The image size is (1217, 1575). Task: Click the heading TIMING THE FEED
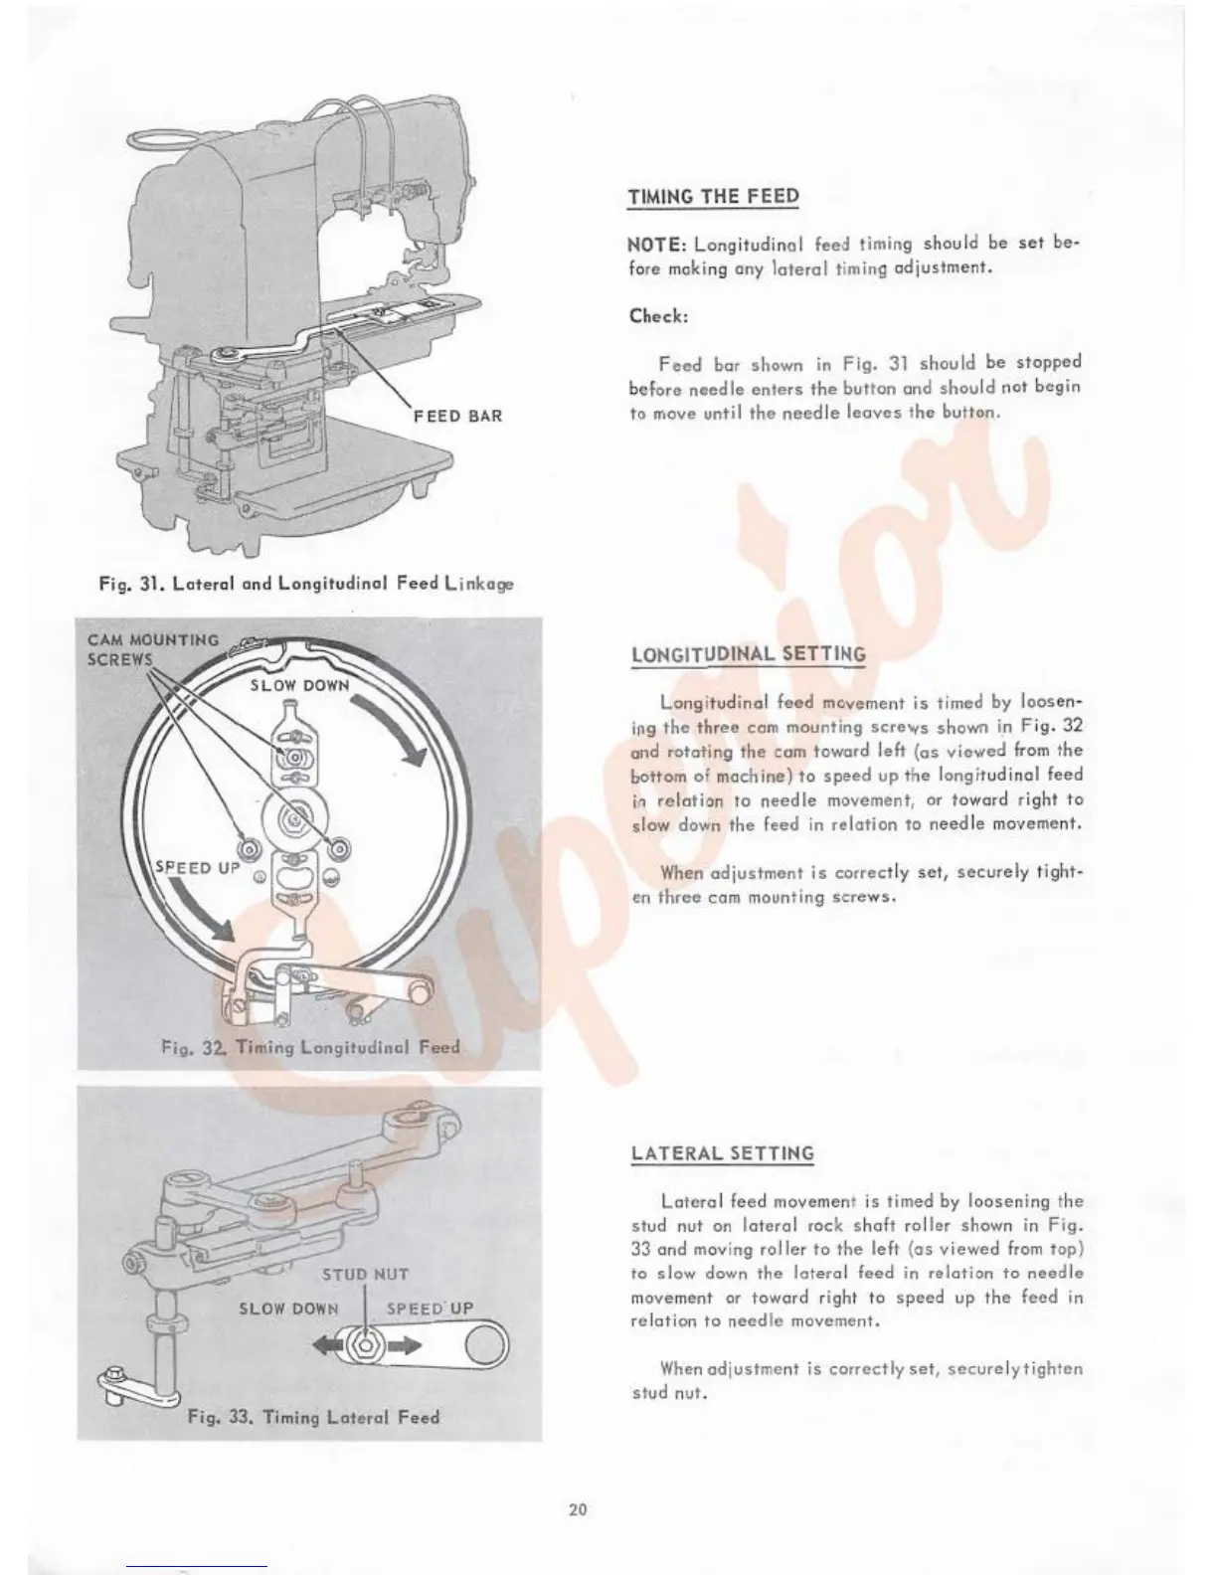point(713,196)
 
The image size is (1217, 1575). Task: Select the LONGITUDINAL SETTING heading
point(748,654)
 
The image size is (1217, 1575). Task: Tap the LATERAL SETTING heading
point(722,1153)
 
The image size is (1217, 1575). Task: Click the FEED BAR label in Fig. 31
point(457,416)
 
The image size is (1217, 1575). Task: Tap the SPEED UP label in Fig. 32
point(199,867)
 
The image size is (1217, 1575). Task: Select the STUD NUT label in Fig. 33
point(365,1274)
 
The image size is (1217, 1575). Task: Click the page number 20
point(578,1509)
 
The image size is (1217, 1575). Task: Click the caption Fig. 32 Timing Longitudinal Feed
point(310,1046)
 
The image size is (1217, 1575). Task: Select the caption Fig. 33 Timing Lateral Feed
point(313,1417)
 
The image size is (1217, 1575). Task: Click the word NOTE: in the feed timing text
point(658,245)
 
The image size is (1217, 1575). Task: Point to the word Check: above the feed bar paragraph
point(658,315)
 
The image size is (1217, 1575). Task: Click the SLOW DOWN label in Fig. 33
point(288,1309)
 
